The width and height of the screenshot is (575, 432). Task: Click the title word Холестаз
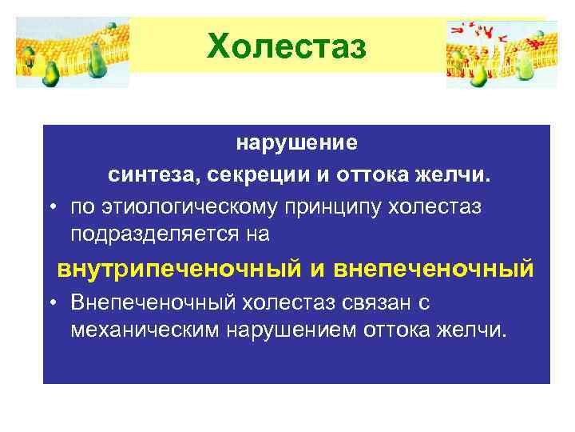click(x=287, y=46)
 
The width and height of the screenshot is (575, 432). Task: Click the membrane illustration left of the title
click(x=73, y=53)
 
